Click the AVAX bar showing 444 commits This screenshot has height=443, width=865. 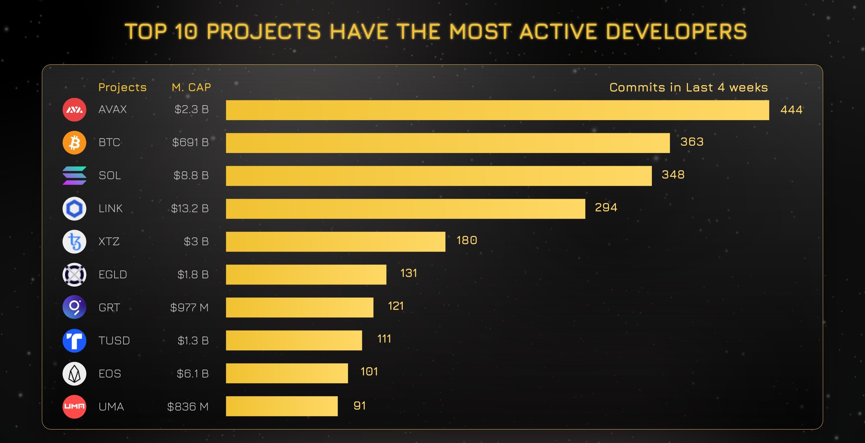(497, 110)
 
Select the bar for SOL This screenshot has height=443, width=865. (438, 176)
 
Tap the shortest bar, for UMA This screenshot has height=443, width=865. (282, 406)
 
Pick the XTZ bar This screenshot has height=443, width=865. (335, 242)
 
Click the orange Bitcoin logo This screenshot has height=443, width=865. (74, 143)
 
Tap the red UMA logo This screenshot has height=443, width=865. (74, 407)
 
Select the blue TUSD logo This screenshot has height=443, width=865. (74, 341)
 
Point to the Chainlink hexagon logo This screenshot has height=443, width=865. (74, 209)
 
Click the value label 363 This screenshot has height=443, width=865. (692, 142)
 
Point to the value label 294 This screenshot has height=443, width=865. (606, 208)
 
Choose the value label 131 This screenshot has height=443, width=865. (409, 273)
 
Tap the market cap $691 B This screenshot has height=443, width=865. (190, 142)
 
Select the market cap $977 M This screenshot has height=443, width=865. (189, 307)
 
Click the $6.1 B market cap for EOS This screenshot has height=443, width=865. (192, 374)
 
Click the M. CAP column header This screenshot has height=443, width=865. (191, 87)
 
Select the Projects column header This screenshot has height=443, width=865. (122, 87)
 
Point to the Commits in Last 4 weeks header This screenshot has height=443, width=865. (689, 87)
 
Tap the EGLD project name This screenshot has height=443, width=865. (113, 275)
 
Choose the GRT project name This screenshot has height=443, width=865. (109, 308)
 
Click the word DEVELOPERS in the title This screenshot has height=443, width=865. (676, 31)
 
